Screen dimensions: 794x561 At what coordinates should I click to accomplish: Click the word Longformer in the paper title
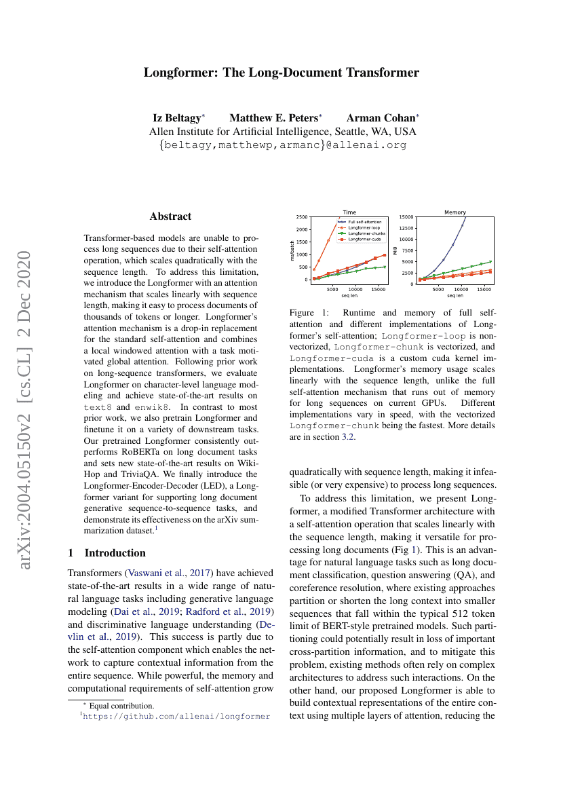click(x=176, y=73)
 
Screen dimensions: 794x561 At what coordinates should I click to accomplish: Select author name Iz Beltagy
click(x=178, y=117)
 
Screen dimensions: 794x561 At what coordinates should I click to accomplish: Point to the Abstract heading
click(x=170, y=216)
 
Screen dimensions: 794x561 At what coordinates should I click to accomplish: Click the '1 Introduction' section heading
click(x=107, y=553)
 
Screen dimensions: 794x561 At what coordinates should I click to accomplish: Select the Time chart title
click(x=349, y=212)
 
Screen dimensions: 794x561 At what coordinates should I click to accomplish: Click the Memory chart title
click(x=455, y=212)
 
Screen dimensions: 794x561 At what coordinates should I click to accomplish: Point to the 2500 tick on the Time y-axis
click(x=301, y=217)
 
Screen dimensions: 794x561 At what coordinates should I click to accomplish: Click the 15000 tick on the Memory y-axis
click(x=406, y=217)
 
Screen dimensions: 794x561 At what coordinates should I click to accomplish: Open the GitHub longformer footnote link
click(x=176, y=716)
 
